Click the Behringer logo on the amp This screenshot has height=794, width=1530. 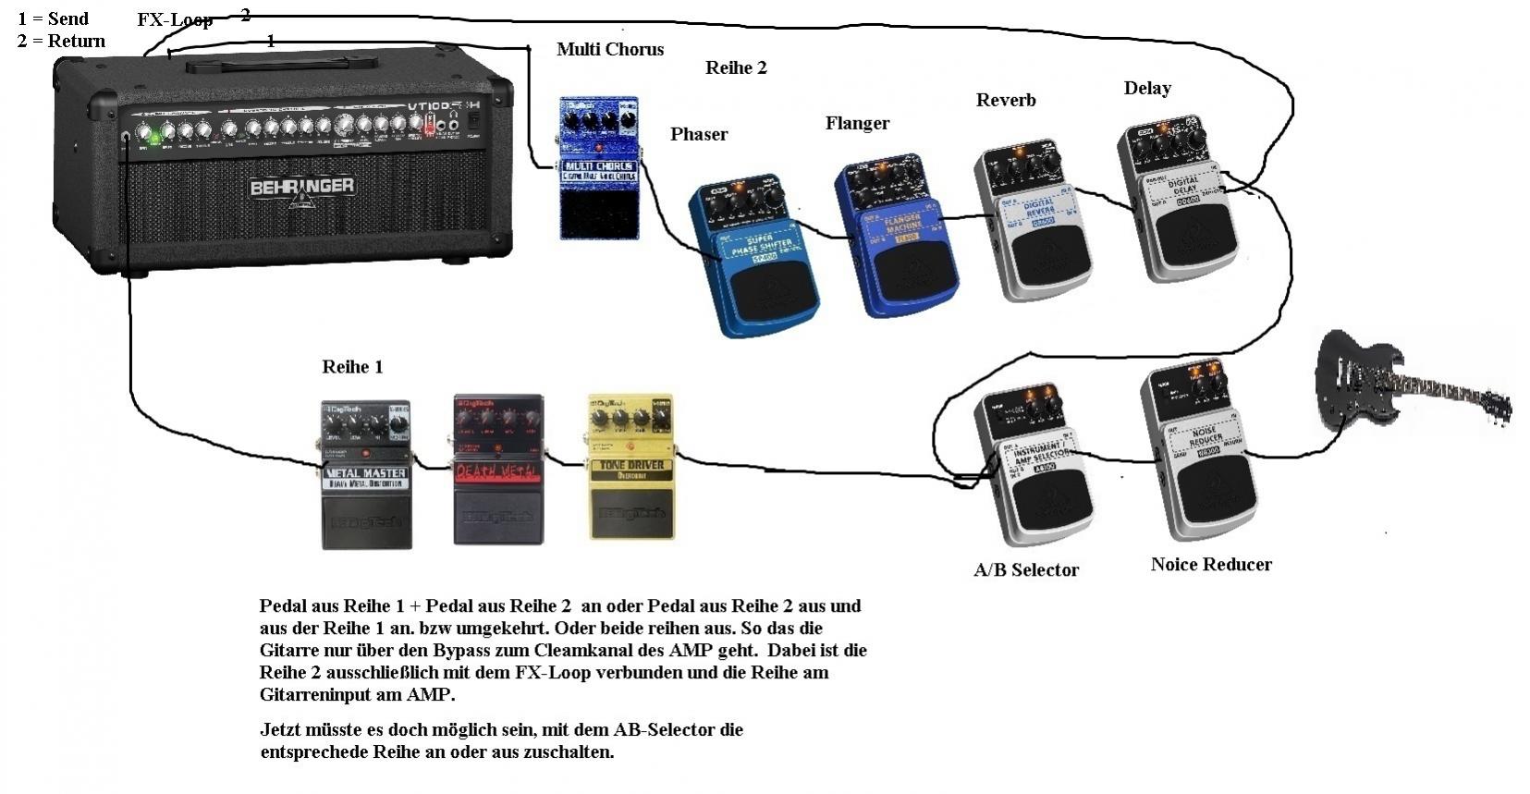301,187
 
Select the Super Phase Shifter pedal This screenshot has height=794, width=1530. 754,258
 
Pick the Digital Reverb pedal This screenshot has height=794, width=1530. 1034,221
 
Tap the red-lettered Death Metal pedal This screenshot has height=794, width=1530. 497,470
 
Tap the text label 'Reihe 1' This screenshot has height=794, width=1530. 352,367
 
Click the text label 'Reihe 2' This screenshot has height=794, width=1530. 736,67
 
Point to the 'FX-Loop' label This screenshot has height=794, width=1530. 175,19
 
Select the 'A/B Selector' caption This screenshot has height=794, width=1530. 1026,570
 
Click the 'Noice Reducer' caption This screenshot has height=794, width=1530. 1211,565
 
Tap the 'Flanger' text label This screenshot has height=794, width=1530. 857,123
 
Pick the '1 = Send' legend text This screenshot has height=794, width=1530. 53,18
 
